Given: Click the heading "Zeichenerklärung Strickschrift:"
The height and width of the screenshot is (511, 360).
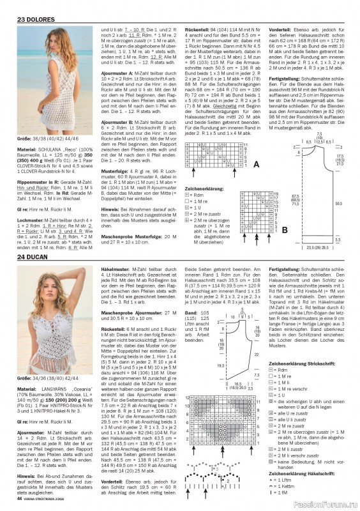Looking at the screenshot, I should point(313,363).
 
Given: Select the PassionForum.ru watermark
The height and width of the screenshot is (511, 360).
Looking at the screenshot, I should point(325,502).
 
